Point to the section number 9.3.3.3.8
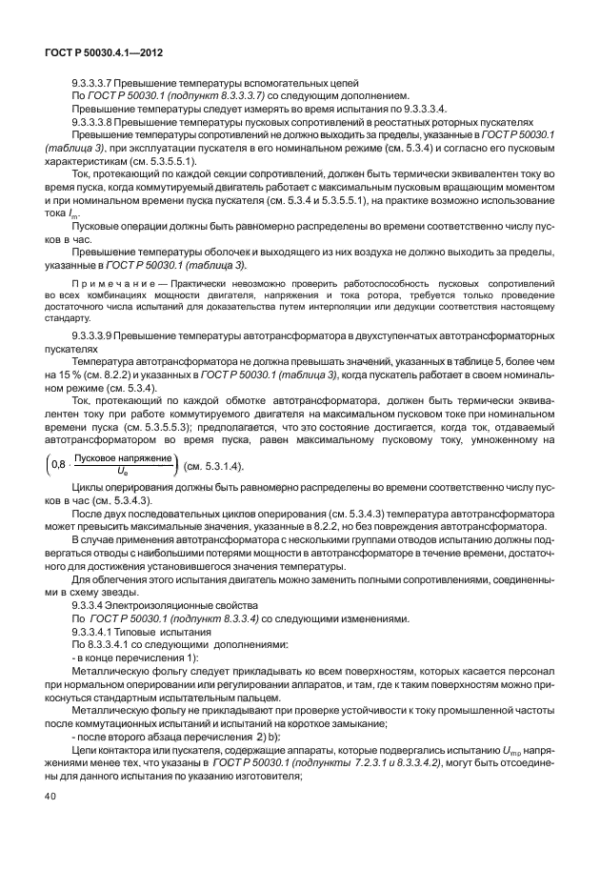(x=95, y=123)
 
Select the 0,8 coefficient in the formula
(x=59, y=464)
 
